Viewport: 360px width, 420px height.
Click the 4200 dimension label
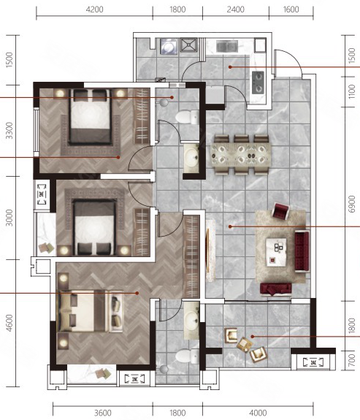[x=94, y=9]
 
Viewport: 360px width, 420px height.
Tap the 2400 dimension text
[x=235, y=9]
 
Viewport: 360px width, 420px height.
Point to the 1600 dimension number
[x=291, y=9]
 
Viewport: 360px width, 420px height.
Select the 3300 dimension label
[x=9, y=131]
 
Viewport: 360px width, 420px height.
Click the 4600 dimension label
[x=9, y=323]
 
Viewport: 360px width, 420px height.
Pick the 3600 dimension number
[x=103, y=413]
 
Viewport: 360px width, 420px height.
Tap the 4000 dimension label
[x=258, y=413]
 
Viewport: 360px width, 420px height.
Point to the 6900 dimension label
[x=352, y=204]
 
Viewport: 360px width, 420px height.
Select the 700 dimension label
[x=352, y=360]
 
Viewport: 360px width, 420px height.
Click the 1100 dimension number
[x=352, y=91]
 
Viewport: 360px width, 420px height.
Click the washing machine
[x=169, y=46]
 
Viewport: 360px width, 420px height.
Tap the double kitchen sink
[x=227, y=46]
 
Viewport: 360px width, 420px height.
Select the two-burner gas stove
[x=258, y=83]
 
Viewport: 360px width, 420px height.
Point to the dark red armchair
[x=280, y=210]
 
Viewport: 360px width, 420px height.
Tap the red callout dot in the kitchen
[x=230, y=67]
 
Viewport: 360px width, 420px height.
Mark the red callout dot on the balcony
[x=252, y=337]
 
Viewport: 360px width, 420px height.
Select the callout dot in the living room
[x=230, y=226]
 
